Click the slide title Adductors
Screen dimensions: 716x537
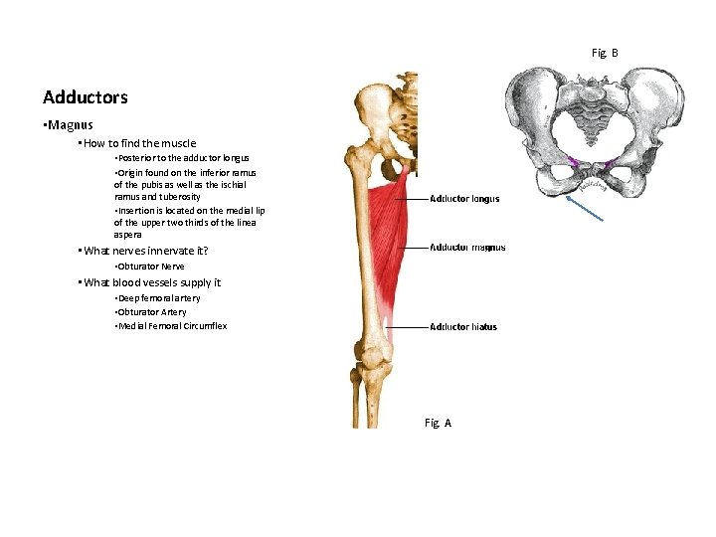coord(86,97)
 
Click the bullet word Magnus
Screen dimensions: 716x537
coord(70,125)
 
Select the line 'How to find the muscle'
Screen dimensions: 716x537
coord(140,143)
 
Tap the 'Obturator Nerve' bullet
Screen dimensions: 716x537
coord(150,267)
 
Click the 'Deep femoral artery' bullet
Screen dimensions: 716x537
coord(158,298)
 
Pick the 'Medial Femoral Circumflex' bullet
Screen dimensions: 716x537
coord(171,326)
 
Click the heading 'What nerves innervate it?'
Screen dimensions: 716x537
coord(146,251)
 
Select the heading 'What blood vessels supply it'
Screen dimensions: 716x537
coord(152,282)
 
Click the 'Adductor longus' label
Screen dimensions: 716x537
coord(464,199)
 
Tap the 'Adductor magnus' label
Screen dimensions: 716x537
coord(467,248)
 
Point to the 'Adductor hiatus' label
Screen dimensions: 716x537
coord(463,327)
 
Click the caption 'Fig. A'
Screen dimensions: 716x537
coord(438,423)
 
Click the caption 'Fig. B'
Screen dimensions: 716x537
coord(605,52)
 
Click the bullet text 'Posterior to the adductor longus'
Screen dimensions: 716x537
coord(183,158)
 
